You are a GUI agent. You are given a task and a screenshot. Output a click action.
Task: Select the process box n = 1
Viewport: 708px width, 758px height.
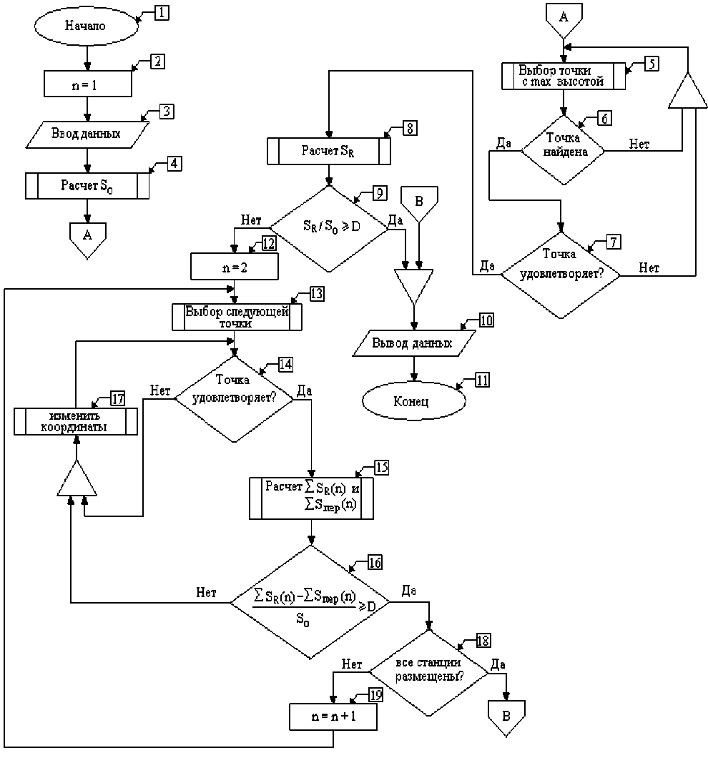(x=88, y=83)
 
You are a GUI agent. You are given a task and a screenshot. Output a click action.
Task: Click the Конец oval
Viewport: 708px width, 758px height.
(x=411, y=400)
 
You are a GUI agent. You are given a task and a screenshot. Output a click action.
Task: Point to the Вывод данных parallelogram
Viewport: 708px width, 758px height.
(x=413, y=343)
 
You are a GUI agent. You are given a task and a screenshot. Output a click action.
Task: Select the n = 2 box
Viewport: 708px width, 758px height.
(x=234, y=267)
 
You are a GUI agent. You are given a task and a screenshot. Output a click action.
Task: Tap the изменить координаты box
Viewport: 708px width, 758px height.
(x=76, y=421)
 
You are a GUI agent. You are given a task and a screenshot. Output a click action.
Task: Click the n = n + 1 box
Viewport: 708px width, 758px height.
(x=333, y=717)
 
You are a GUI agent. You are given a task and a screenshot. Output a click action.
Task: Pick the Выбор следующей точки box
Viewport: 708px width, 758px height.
(x=236, y=317)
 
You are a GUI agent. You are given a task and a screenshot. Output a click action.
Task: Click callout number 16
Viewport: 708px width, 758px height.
(x=374, y=563)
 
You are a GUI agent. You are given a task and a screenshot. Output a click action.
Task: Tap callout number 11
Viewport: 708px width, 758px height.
(x=483, y=380)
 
